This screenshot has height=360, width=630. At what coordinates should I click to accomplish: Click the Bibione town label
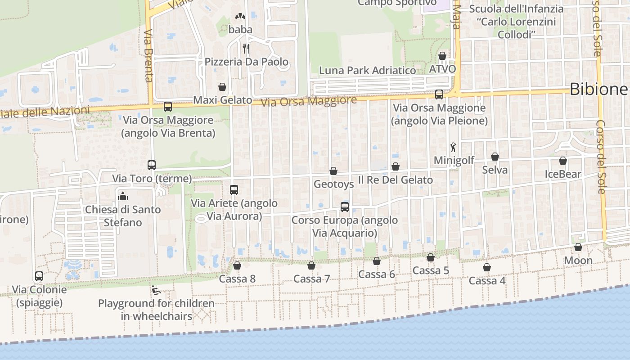point(598,89)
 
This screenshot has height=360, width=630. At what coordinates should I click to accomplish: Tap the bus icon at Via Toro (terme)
point(152,165)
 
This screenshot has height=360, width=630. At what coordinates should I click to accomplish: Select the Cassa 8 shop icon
point(237,265)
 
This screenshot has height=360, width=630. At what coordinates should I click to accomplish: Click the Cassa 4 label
point(487,281)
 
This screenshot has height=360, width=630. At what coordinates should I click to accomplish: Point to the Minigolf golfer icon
point(454,147)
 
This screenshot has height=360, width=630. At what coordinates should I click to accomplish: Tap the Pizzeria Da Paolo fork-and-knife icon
point(246,48)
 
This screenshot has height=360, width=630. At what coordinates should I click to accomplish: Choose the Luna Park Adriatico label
point(367,71)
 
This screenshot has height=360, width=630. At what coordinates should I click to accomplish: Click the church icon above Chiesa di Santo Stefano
point(123,196)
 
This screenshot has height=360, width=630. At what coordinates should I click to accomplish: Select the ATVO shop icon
point(442,56)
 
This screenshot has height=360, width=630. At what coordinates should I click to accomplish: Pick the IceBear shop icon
point(563,161)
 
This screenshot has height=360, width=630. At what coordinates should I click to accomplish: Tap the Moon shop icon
point(578,247)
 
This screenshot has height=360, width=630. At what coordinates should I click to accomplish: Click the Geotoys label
point(333,184)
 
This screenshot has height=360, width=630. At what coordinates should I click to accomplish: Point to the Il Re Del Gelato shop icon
point(396,167)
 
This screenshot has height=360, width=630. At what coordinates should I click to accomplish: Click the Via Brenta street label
point(149,56)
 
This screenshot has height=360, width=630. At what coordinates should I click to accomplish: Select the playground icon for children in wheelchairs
point(156,290)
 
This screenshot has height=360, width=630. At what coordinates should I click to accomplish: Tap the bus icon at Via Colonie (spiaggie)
point(39,276)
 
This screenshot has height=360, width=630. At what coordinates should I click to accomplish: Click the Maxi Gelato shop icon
point(222,87)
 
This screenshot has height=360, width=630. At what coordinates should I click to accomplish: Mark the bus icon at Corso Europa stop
point(345,207)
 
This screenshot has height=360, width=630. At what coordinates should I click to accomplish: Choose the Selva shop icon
point(495,157)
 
